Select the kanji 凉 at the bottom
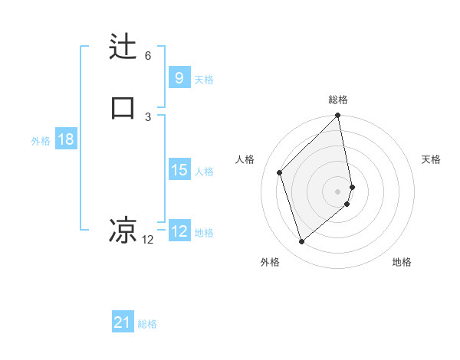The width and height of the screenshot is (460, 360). coord(123,229)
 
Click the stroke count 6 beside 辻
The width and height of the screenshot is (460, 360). coord(148,56)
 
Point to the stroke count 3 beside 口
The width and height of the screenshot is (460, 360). coord(148,116)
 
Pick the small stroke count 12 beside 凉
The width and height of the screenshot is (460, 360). coord(148,240)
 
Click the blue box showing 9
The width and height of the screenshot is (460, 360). coord(179,77)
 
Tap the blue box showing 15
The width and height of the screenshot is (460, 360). coord(179,169)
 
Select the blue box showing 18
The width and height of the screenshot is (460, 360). coord(65,139)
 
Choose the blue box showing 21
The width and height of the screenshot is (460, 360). coord(123,322)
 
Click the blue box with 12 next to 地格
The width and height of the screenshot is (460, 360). coord(179,231)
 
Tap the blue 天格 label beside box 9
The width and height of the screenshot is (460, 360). coord(204,79)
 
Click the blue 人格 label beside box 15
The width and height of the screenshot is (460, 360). coord(204,172)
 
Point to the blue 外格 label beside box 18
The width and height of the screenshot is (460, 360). coord(41,141)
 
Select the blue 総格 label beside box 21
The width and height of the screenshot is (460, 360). coord(147,324)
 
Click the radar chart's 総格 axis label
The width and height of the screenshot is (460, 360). coord(338,100)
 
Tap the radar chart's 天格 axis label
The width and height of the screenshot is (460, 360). coord(432,159)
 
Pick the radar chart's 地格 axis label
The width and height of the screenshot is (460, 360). coord(402,263)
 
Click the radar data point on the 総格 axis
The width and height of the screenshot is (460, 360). coord(338,116)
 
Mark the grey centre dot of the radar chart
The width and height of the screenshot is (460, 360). coord(338,191)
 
